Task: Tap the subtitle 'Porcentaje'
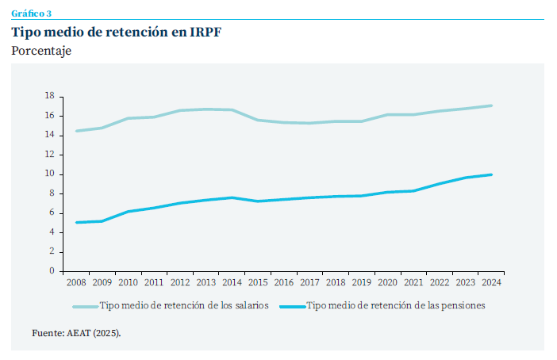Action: coord(41,52)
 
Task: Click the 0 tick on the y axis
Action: coord(51,271)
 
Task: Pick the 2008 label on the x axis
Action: coord(76,281)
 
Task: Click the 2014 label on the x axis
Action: coord(232,281)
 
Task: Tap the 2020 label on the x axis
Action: coord(388,281)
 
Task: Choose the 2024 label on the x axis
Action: coord(492,281)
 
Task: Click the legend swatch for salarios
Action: coord(85,305)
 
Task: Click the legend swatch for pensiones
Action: coord(290,305)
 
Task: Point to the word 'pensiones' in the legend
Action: coord(463,305)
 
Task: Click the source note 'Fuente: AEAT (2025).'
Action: coord(76,333)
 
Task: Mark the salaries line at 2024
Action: coord(492,105)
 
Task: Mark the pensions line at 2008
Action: coord(76,222)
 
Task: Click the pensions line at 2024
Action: coord(492,174)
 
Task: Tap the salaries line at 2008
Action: coord(76,131)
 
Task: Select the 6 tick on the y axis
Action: coord(51,213)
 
